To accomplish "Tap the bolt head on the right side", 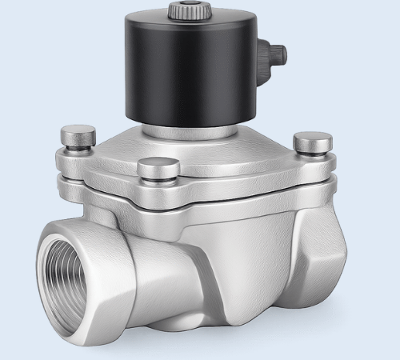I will click(x=312, y=142).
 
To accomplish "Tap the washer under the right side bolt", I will click(x=312, y=154).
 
